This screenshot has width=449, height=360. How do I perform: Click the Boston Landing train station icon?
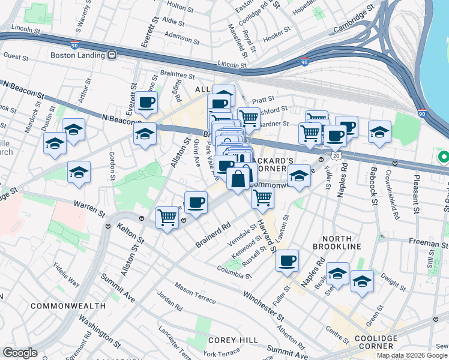click(112, 55)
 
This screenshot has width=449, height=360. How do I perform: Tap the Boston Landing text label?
click(77, 55)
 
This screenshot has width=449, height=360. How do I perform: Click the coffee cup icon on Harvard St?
click(288, 260)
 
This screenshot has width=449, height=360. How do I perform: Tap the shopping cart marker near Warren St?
click(167, 217)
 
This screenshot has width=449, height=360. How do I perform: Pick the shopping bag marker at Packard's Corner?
click(238, 178)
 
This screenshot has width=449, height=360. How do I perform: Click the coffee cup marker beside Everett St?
click(146, 103)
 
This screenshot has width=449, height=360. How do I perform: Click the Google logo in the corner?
click(20, 353)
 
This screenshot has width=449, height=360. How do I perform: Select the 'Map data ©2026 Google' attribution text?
click(412, 355)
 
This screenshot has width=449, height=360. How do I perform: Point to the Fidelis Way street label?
click(65, 273)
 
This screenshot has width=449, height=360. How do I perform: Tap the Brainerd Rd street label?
click(213, 236)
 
